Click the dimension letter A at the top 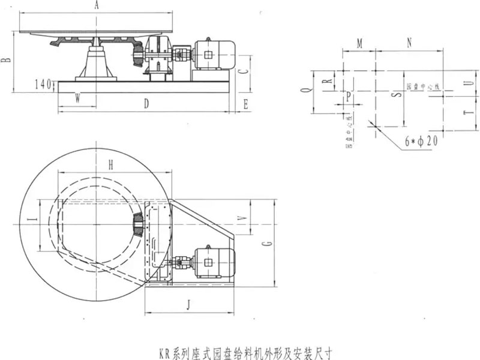[x=97, y=5]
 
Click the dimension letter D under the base [x=146, y=104]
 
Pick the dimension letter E [x=246, y=104]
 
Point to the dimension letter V [x=241, y=220]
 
